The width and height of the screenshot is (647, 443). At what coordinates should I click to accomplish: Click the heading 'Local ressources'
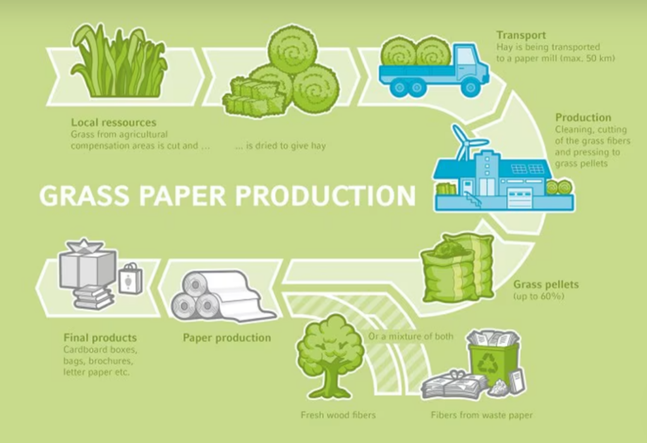113,122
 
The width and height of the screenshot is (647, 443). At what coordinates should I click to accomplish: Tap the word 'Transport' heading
521,35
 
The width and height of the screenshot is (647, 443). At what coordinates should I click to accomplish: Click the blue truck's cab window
466,56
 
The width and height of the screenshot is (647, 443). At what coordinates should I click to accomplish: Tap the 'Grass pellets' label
545,285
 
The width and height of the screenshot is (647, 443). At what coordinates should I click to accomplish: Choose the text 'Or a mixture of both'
410,336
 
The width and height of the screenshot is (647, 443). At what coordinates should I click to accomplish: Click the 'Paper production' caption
227,337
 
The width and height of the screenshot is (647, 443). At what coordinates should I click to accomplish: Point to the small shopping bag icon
130,278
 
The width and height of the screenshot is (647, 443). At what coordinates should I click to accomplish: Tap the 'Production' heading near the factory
583,118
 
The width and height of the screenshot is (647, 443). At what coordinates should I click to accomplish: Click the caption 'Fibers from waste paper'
481,415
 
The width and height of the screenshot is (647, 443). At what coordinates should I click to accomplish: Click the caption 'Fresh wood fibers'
337,415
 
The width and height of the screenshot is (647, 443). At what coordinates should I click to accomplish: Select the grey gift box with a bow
88,265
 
